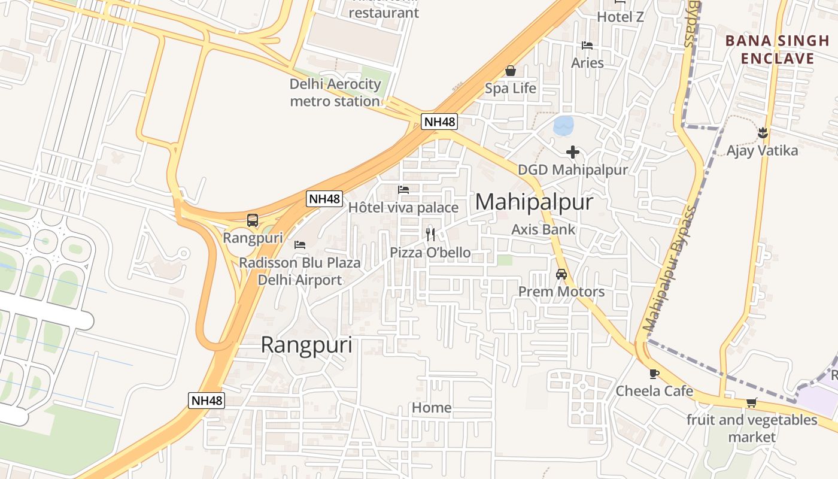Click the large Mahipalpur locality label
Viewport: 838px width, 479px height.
point(534,202)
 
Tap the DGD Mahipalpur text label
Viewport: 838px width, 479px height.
point(573,170)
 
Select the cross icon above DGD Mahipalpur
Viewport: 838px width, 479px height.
point(573,152)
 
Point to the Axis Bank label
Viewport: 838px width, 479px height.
point(543,229)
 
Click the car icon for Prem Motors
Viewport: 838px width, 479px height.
point(561,274)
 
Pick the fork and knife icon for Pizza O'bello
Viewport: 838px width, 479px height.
point(430,234)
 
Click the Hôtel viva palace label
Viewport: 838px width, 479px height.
point(403,208)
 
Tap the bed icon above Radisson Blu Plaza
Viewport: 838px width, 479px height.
point(300,244)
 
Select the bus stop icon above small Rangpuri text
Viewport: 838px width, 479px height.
point(253,220)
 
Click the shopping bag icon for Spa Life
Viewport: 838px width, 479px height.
point(511,71)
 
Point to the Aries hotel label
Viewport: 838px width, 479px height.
point(587,63)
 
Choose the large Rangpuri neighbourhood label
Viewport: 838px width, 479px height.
point(306,345)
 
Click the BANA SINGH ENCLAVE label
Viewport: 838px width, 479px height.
point(778,50)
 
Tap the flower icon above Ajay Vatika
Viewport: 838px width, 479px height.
point(763,132)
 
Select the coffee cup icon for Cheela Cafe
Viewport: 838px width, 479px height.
point(654,374)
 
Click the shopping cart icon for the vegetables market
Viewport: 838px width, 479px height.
point(751,403)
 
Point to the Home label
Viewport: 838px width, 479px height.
point(432,408)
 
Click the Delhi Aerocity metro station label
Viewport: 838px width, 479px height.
point(335,93)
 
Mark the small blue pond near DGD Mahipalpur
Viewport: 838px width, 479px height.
point(563,126)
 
